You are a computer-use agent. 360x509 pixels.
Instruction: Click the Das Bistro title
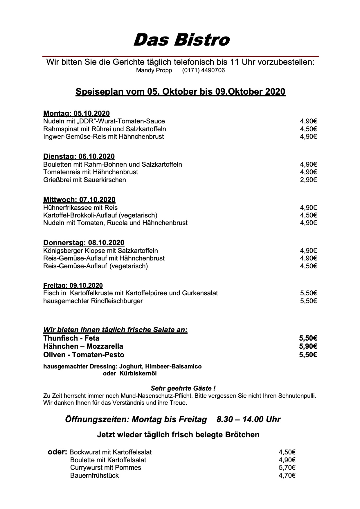[181, 40]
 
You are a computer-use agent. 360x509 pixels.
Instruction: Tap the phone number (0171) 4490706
[203, 71]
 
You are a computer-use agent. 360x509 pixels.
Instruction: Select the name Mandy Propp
[154, 71]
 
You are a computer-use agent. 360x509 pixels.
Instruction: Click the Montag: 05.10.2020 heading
[76, 114]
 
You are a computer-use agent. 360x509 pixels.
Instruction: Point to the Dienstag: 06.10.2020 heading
[79, 157]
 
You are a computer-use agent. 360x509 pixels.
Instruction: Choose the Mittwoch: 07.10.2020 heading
[79, 200]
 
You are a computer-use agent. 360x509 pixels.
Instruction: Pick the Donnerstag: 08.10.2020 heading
[84, 243]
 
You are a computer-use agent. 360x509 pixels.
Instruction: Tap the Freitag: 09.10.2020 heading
[73, 286]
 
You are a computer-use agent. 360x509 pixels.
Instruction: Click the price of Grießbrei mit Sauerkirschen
[308, 180]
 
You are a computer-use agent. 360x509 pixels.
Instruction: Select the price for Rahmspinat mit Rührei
[308, 129]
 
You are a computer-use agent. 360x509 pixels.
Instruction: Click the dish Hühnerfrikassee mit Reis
[80, 208]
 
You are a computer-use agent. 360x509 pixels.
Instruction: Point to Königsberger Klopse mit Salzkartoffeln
[100, 251]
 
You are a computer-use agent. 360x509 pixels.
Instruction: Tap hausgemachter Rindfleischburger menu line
[93, 301]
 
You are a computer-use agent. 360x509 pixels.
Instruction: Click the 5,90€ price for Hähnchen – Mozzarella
[308, 346]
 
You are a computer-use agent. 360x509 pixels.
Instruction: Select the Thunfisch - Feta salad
[71, 338]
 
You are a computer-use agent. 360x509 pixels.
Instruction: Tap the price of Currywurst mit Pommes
[287, 468]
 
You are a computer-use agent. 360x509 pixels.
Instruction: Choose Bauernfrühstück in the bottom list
[94, 476]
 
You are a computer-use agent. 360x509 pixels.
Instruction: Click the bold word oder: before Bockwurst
[57, 452]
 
